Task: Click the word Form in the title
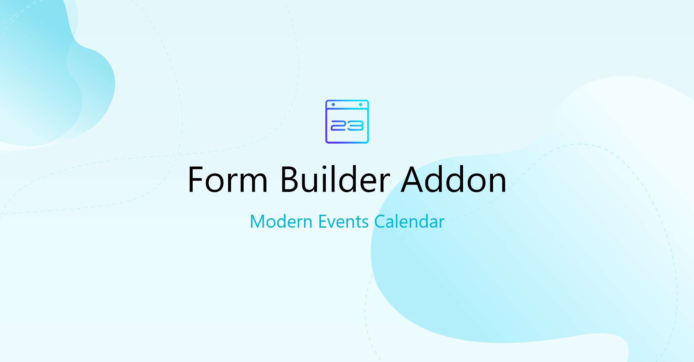(228, 180)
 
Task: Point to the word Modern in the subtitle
(281, 222)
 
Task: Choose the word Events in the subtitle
(343, 222)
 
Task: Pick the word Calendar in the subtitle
(409, 221)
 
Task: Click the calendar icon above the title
(347, 122)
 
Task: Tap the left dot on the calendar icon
(333, 105)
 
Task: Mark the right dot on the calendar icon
(360, 105)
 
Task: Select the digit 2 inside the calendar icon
(338, 126)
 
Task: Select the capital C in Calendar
(381, 222)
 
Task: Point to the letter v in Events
(334, 224)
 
